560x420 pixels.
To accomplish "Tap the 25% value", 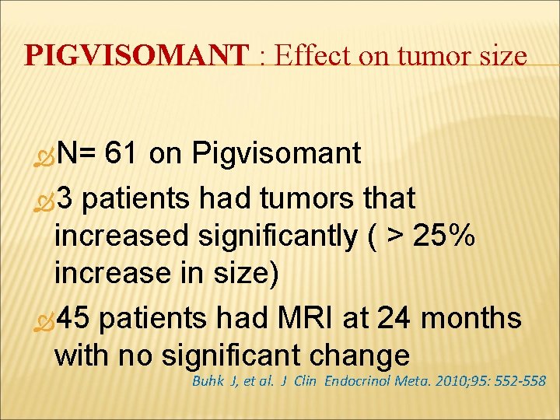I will click(x=436, y=236).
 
